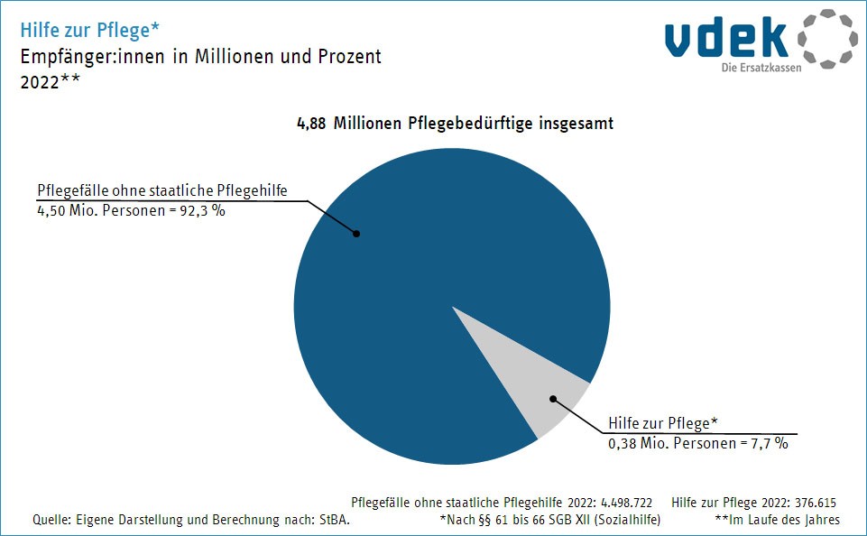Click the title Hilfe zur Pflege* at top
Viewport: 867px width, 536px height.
point(90,30)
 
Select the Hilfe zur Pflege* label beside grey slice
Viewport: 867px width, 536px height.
point(662,423)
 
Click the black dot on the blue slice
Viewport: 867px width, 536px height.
point(356,234)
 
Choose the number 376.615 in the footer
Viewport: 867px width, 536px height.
point(817,501)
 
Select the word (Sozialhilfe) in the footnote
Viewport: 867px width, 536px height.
point(635,520)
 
